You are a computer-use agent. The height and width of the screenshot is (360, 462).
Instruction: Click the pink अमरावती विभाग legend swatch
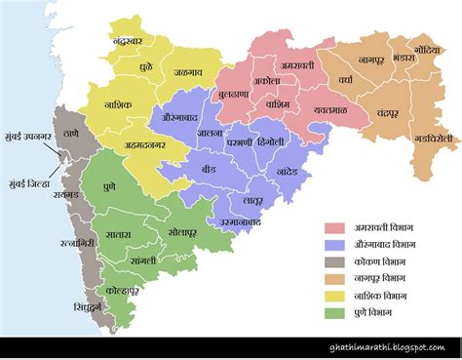336,228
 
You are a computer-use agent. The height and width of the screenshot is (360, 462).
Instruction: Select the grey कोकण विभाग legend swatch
336,262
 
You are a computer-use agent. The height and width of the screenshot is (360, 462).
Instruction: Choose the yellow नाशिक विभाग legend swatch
336,296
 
